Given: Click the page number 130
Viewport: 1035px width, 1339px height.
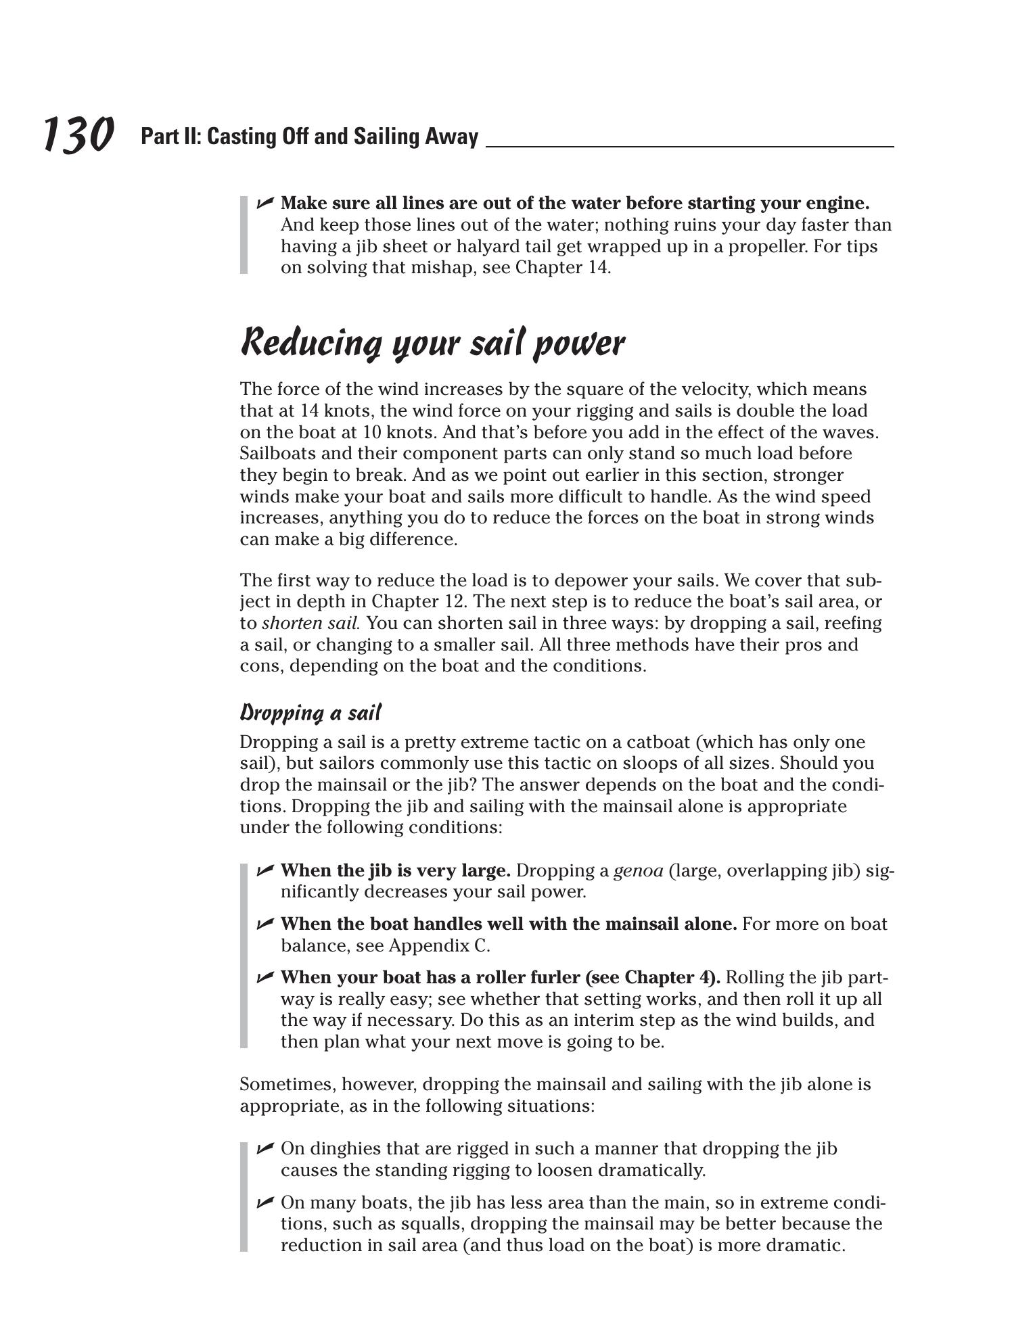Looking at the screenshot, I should [x=78, y=135].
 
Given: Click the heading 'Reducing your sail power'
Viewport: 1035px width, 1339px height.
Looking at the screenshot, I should [x=432, y=343].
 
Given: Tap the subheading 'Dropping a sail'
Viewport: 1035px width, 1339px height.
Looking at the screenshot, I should [x=310, y=713].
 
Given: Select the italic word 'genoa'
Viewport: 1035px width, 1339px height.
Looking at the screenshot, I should [x=638, y=870].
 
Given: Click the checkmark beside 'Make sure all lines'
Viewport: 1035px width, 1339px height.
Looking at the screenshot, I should [x=264, y=202].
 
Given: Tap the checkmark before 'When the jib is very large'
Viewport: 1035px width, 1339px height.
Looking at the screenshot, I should [x=264, y=870].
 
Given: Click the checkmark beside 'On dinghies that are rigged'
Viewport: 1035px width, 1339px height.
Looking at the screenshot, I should [x=264, y=1148].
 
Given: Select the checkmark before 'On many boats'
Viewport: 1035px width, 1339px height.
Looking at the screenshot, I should [x=264, y=1202].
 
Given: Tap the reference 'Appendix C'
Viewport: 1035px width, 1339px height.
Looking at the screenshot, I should [x=438, y=945].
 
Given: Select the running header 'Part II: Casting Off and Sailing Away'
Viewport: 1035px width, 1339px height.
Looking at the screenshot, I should [x=309, y=137].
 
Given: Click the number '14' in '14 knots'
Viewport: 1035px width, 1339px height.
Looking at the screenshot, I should [x=308, y=411].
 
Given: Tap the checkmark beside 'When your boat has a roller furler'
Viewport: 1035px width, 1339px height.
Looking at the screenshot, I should [x=264, y=977].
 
